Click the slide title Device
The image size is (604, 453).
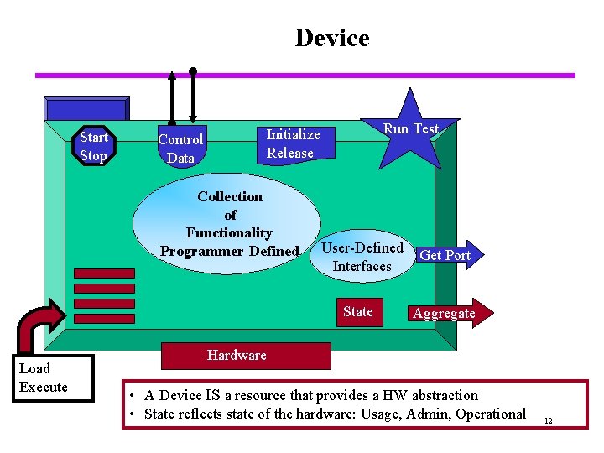pos(331,39)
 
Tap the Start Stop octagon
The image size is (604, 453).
pos(93,146)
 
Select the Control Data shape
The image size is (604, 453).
pos(180,148)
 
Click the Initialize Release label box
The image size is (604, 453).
pos(293,143)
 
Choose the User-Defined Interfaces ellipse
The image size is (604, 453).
pos(362,257)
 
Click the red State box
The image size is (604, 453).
pos(358,311)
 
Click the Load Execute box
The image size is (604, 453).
pos(55,378)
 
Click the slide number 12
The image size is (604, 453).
pos(548,420)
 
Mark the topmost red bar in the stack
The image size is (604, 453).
pos(104,273)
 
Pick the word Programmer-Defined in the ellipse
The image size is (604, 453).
pos(229,252)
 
